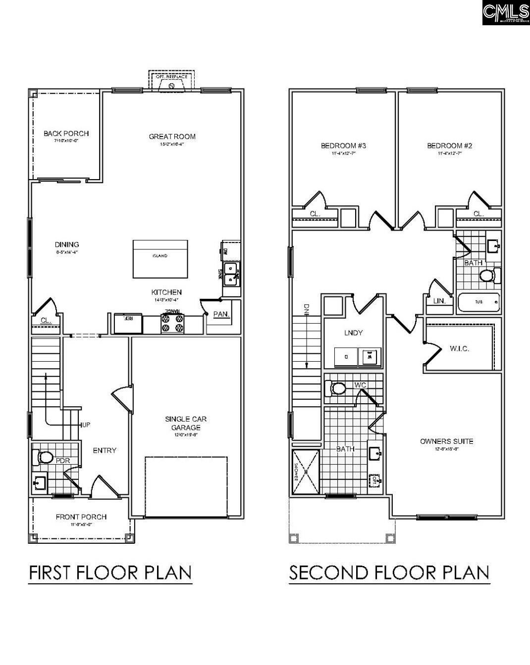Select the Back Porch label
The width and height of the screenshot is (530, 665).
coord(66,134)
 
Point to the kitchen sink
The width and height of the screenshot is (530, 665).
coord(230,274)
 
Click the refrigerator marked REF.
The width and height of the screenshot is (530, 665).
coord(128,324)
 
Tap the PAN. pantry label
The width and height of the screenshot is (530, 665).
coord(220,314)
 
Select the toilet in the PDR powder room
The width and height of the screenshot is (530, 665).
coord(43,458)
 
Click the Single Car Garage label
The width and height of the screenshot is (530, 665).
coord(186,423)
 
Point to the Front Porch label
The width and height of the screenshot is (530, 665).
coord(81,517)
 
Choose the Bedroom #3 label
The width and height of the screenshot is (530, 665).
coord(343,145)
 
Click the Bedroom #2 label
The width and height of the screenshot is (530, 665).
coord(450,145)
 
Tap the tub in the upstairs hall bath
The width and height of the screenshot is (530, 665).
coord(478,302)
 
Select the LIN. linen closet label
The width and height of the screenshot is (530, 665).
coord(439,301)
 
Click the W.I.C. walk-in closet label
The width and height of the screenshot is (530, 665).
coord(459,348)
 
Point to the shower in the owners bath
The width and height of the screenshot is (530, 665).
coord(306,472)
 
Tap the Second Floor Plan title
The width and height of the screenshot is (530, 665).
coord(389,572)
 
